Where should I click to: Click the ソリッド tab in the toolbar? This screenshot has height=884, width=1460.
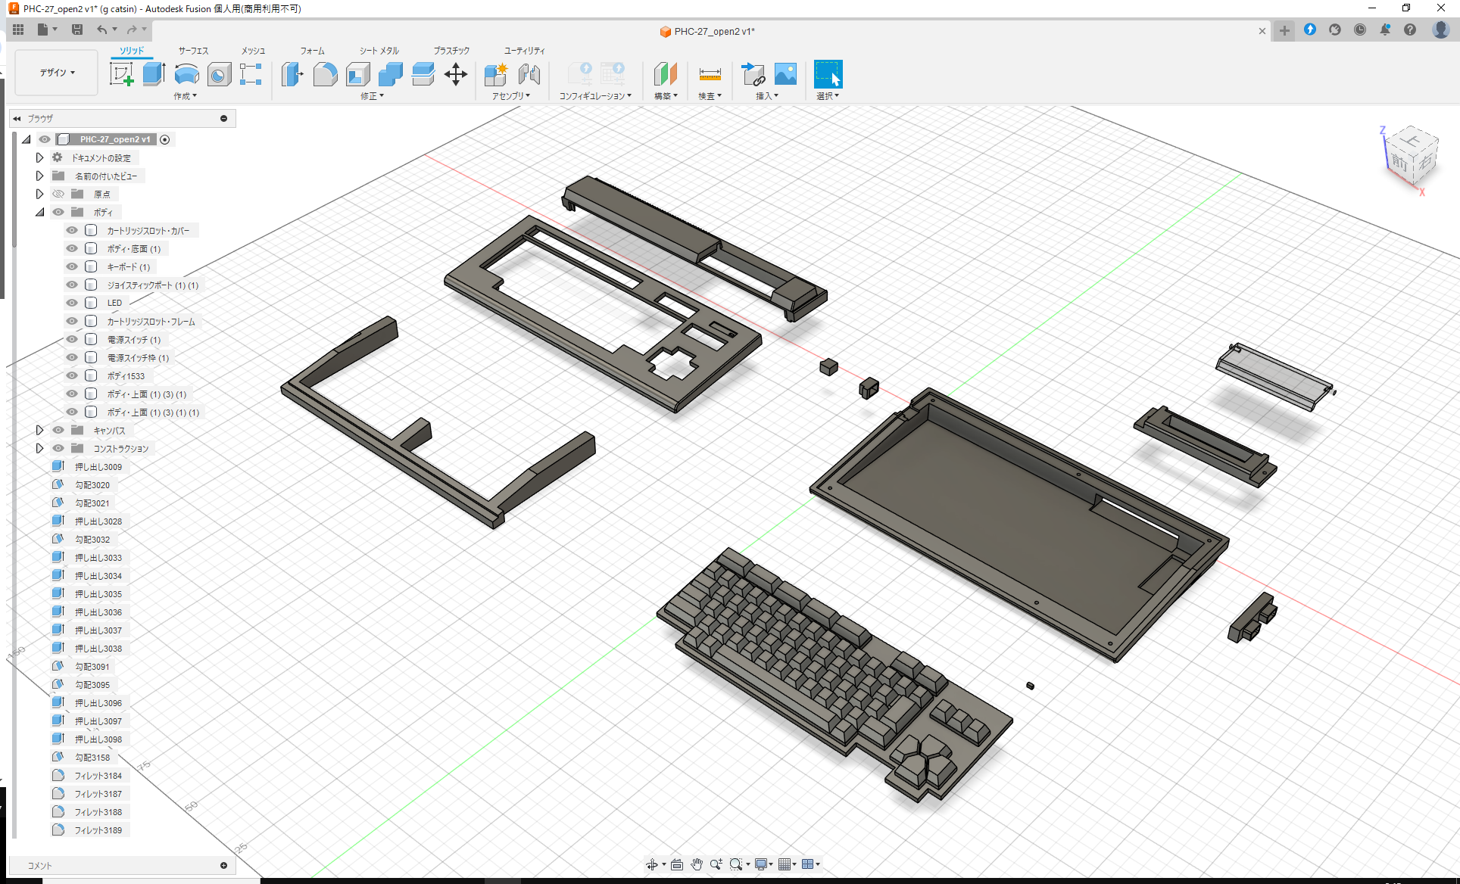132,51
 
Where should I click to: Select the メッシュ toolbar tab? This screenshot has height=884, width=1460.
253,51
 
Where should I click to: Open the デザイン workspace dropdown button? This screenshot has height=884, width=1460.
57,73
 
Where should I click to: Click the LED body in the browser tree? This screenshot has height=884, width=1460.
114,303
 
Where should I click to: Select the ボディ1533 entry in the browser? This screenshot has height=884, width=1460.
126,376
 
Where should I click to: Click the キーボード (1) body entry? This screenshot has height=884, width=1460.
128,267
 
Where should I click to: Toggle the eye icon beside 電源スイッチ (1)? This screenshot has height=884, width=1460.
72,340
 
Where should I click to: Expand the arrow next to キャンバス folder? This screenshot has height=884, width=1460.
39,430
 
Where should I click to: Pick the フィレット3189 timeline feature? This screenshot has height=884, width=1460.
98,830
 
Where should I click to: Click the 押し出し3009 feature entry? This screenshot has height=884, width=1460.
98,467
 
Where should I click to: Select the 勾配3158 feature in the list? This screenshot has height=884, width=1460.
92,758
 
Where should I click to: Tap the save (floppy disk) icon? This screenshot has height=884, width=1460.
77,30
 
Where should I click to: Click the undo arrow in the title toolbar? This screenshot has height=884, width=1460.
101,30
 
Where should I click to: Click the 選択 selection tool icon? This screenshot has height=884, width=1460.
828,74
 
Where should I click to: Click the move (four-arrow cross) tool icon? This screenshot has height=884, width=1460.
455,74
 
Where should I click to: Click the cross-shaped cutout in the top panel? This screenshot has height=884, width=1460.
672,363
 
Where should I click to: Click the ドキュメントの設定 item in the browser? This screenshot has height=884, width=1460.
101,158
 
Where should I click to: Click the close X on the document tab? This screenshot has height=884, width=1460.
1262,31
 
